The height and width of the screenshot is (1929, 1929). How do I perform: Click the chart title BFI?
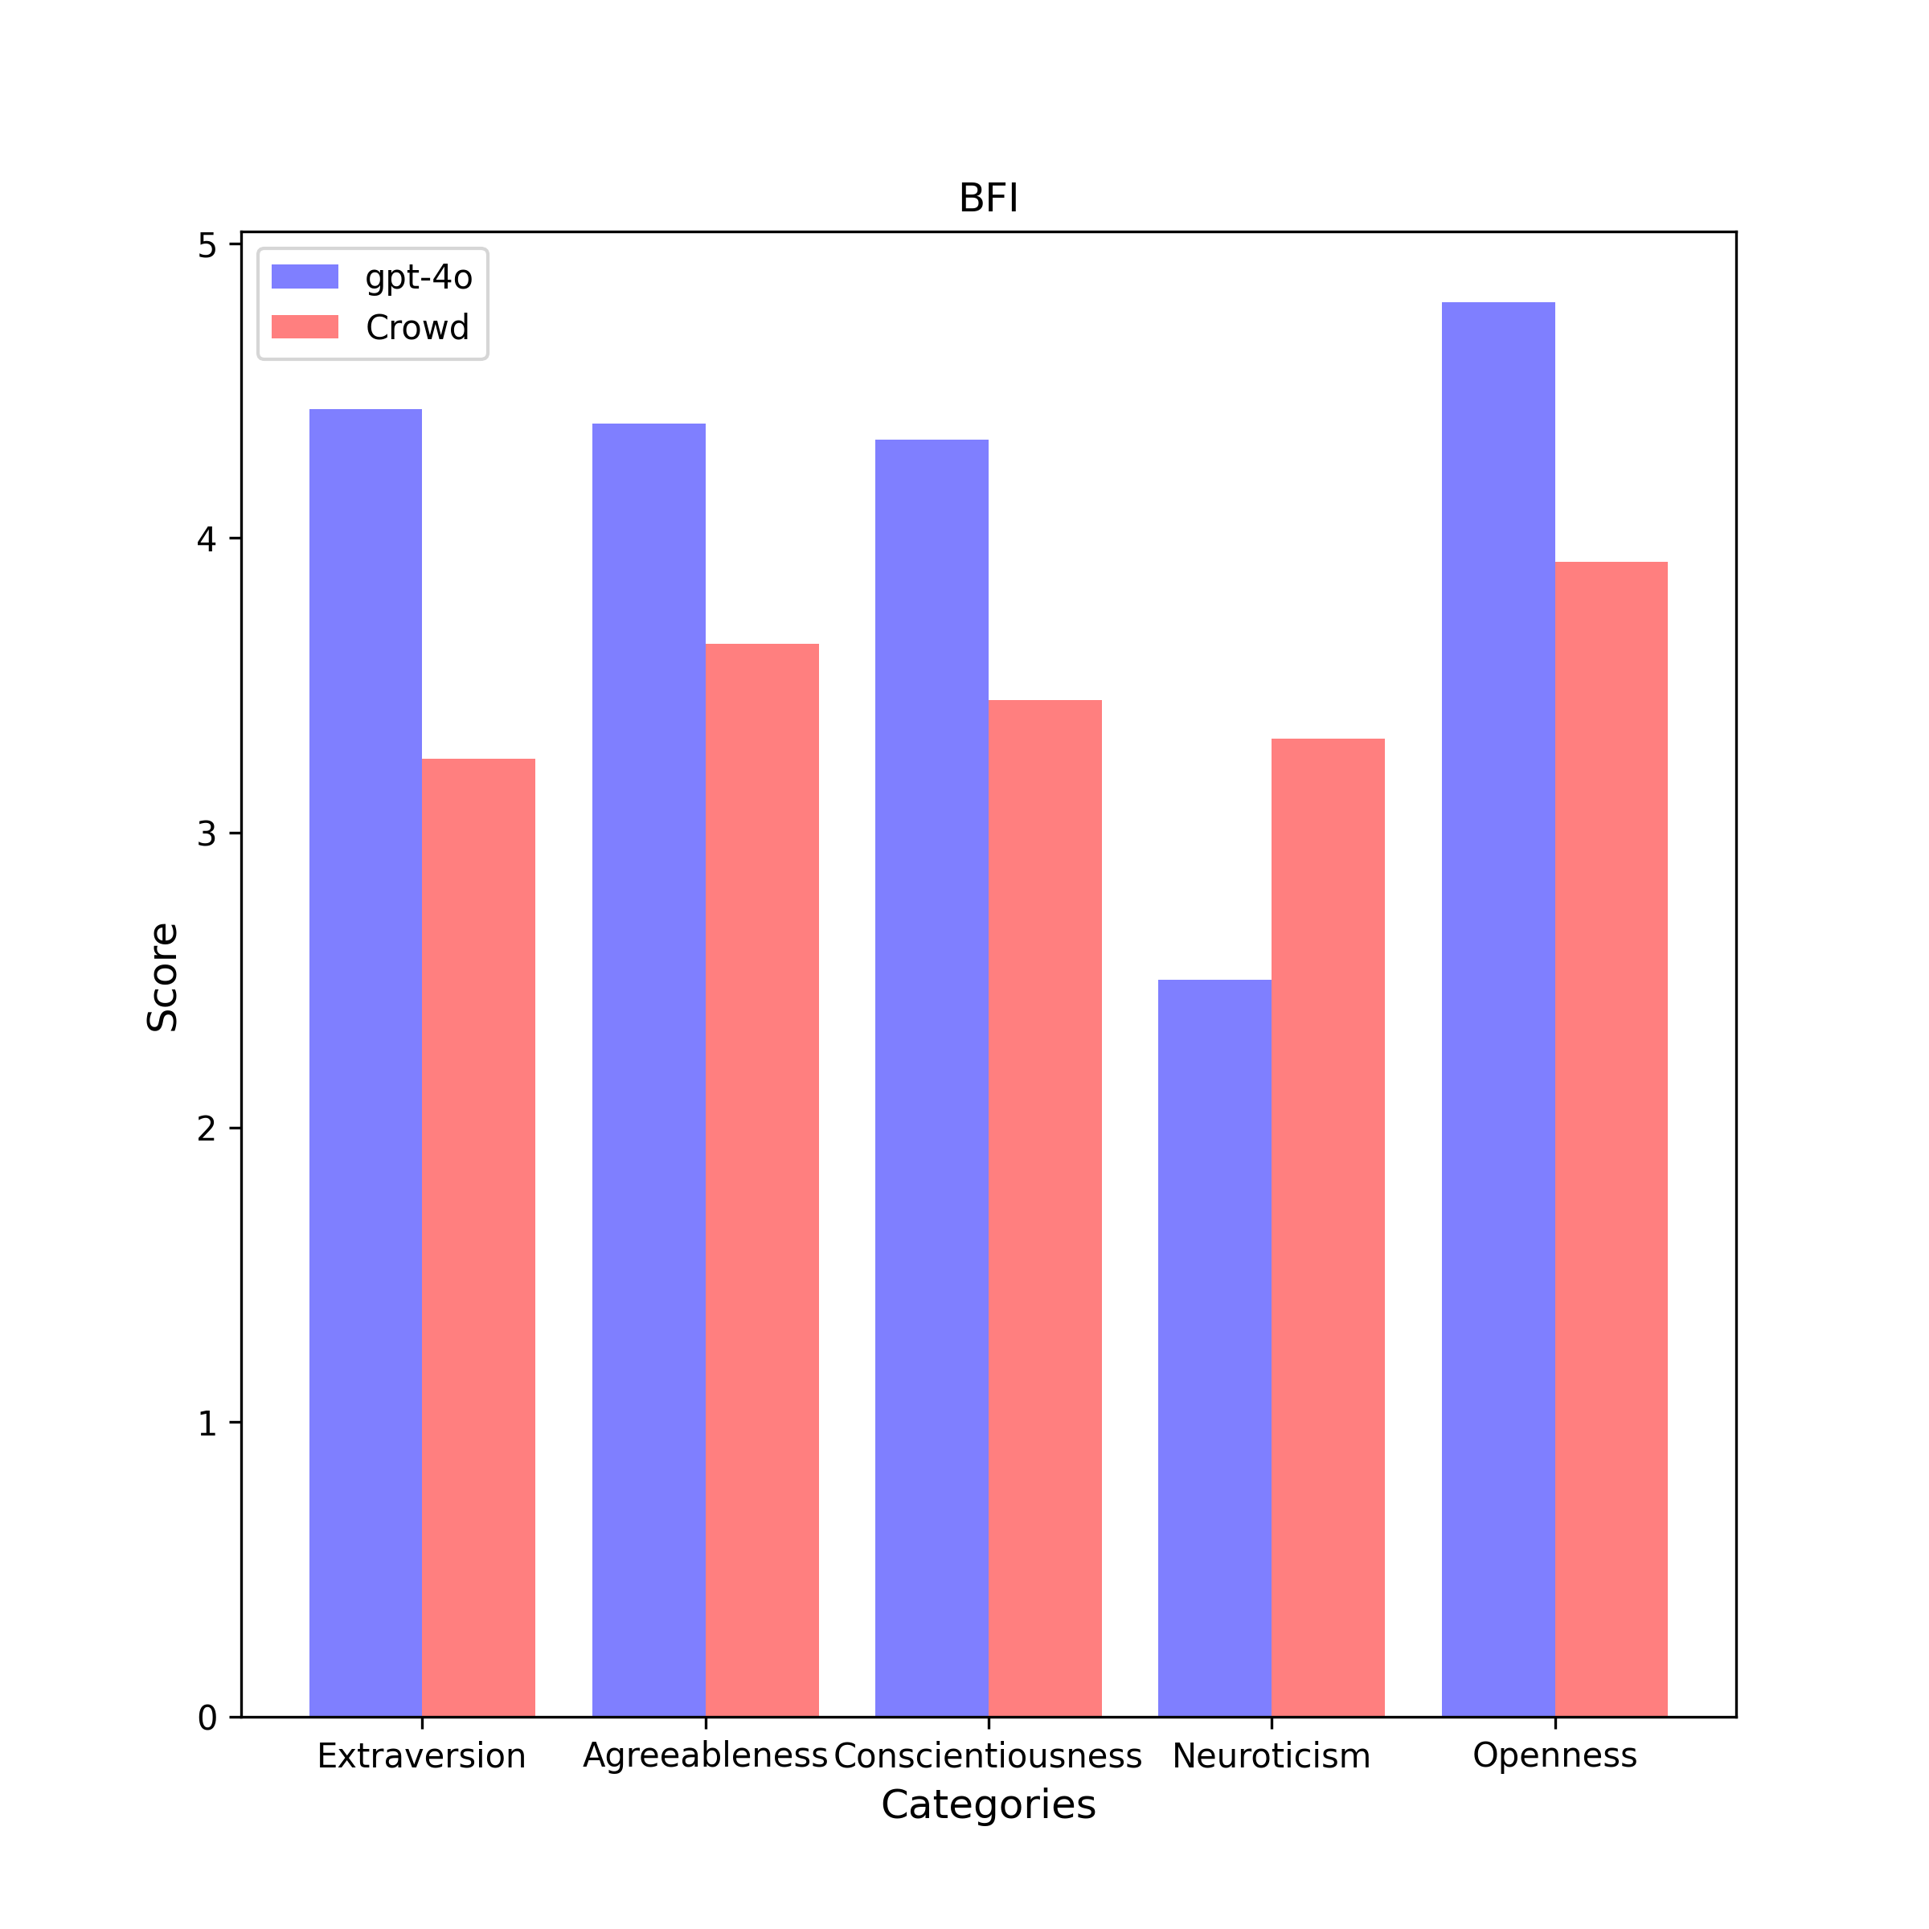coord(988,199)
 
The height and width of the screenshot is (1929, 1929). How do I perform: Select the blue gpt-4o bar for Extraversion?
coord(366,1063)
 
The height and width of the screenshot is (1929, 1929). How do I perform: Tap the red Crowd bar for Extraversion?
coord(478,1237)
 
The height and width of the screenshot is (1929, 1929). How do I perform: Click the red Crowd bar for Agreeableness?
coord(762,1180)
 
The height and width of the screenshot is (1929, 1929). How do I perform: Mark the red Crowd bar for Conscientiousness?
coord(1044,1208)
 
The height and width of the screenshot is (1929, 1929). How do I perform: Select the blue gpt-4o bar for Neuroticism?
coord(1214,1348)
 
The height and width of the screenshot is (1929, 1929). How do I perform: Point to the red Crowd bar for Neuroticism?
coord(1328,1227)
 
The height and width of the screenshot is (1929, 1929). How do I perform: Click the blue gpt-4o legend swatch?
coord(305,276)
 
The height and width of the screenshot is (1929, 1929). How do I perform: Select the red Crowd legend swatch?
coord(305,327)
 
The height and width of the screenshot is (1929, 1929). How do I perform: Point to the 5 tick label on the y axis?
coord(207,246)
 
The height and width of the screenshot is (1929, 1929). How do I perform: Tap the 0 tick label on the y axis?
coord(207,1718)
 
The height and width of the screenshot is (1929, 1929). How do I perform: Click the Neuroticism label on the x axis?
coord(1271,1755)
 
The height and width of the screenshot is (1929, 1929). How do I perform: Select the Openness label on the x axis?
coord(1554,1755)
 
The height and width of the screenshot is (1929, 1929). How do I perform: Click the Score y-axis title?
coord(162,977)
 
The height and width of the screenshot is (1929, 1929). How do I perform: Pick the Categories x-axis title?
coord(988,1805)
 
